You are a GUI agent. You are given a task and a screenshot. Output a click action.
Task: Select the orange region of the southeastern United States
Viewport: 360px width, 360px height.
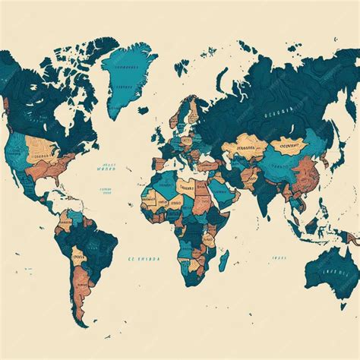click(53, 169)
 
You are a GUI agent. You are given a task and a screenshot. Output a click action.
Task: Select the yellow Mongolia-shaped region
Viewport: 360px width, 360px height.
click(289, 144)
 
